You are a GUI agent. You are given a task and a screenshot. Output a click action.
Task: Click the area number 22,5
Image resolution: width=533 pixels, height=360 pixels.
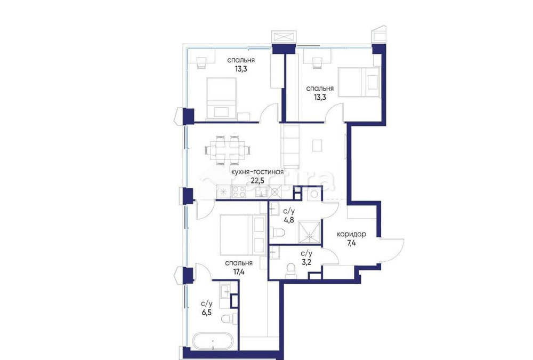coord(257,180)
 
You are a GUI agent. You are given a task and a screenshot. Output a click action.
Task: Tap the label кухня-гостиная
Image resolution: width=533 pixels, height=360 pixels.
coord(256,172)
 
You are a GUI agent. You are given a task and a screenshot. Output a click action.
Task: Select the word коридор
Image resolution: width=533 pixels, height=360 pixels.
coord(351,234)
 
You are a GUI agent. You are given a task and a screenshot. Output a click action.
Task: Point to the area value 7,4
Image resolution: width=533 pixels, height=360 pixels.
coord(351,243)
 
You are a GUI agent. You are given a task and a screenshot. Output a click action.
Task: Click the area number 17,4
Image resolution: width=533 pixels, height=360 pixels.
coord(238,271)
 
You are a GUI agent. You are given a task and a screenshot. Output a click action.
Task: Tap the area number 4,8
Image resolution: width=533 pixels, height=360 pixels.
coord(289,219)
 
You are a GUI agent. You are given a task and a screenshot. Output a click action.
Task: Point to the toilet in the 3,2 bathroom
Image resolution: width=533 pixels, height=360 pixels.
coord(291,269)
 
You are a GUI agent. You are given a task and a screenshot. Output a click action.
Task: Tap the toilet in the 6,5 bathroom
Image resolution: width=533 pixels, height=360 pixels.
coord(228,319)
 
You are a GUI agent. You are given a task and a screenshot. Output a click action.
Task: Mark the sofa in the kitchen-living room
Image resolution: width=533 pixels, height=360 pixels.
coord(291,146)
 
